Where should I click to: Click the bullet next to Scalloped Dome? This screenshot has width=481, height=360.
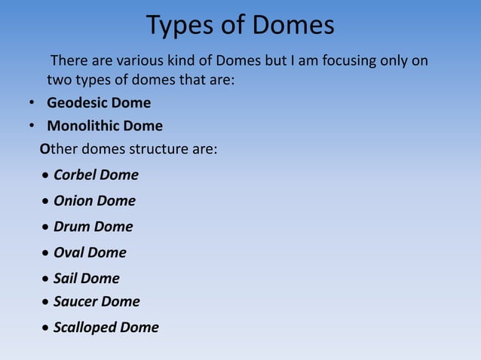coord(47,328)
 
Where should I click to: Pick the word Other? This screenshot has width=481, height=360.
coord(58,148)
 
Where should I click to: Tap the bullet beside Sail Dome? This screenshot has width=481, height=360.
coord(47,279)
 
